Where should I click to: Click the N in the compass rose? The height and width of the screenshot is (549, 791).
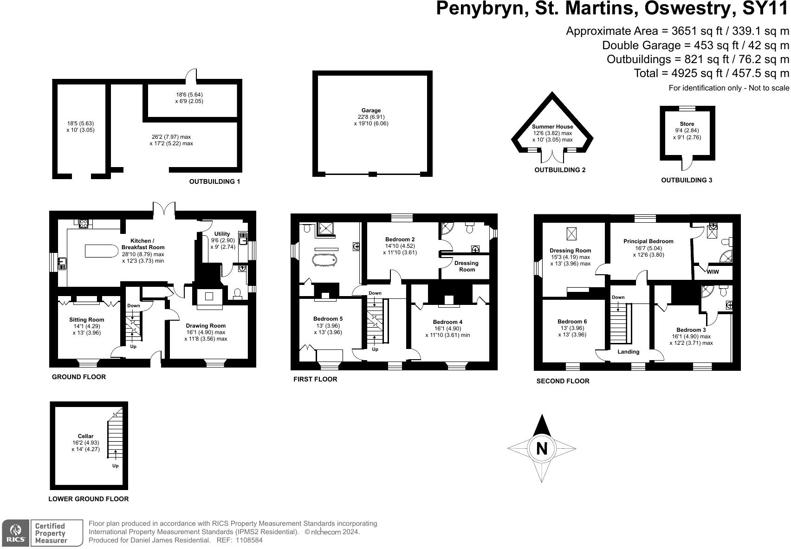tap(542, 448)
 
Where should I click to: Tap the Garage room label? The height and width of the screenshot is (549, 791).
tap(371, 110)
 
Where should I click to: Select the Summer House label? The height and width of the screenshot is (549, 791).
tap(552, 126)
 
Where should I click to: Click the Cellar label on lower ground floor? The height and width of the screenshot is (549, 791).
tap(85, 436)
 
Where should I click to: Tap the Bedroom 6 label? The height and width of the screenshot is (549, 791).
tap(572, 322)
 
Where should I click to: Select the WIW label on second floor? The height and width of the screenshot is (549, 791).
tap(712, 272)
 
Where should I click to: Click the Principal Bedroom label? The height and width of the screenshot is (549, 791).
tap(648, 241)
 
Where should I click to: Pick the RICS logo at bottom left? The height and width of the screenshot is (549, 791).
tap(16, 533)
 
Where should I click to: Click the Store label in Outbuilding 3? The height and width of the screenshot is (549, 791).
tap(687, 124)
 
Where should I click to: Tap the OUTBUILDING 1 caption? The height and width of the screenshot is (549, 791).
tap(214, 181)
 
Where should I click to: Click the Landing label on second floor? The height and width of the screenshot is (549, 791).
tap(628, 352)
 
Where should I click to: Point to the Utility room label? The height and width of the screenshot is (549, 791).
tap(222, 234)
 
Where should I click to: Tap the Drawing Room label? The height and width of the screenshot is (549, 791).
tap(205, 326)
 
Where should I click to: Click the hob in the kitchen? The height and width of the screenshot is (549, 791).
tap(84, 224)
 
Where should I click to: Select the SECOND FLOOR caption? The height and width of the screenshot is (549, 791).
tap(563, 381)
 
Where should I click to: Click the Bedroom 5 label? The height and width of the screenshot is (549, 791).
tap(328, 319)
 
